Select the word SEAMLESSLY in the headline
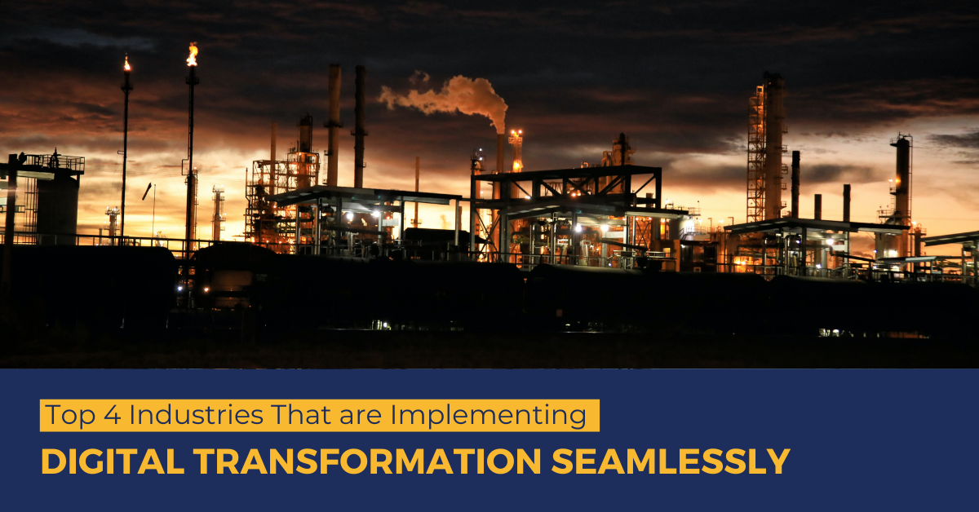(671, 461)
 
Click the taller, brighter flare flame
(192, 55)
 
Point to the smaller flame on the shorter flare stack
(126, 63)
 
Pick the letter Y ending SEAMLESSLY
(778, 461)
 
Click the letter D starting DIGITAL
(51, 461)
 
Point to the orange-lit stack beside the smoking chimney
(516, 151)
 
